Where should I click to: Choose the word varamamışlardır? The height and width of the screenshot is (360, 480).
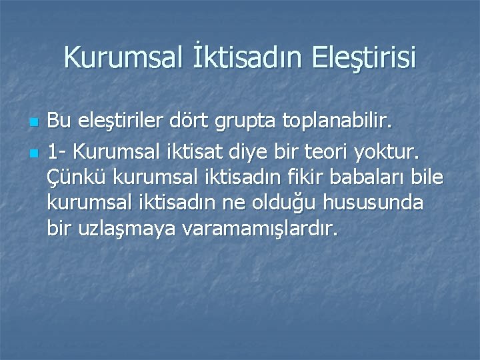click(x=257, y=230)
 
